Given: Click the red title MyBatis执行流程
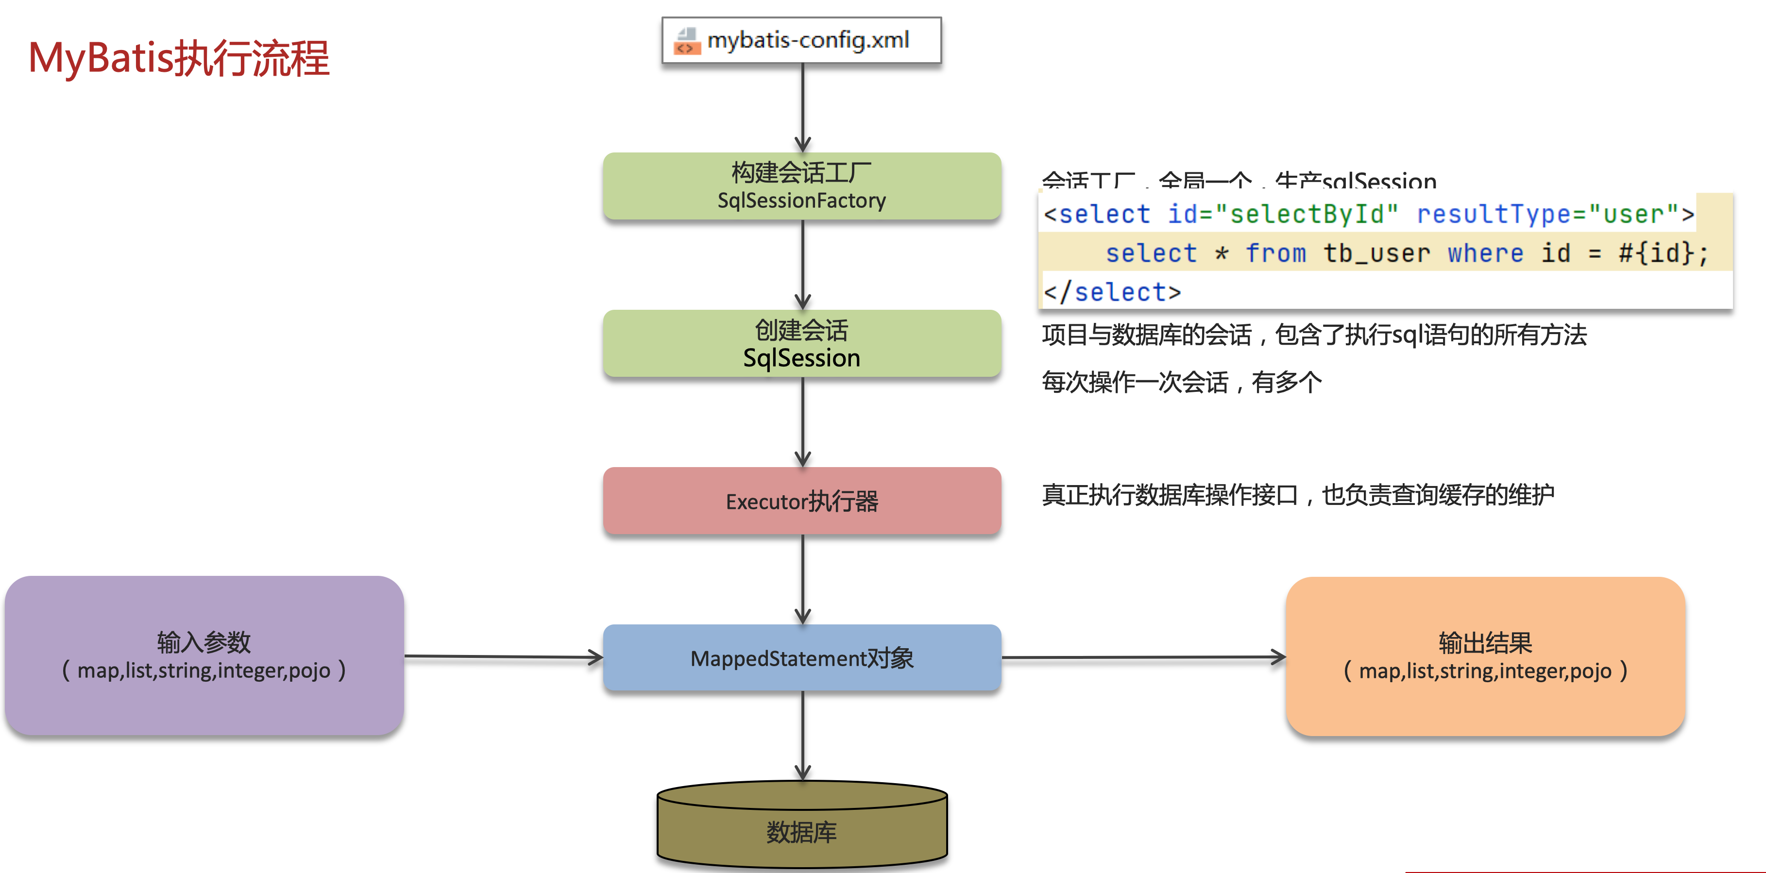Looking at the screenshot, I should pos(179,58).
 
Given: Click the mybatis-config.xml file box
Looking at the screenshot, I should pos(801,40).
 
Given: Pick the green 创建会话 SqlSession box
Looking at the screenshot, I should pos(801,343).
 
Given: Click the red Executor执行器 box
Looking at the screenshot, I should pos(801,501).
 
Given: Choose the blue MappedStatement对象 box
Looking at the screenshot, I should pos(801,658).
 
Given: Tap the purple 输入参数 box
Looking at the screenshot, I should pos(204,656).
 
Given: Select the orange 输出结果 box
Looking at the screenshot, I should pos(1485,656).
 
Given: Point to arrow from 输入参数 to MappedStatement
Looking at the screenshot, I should pos(504,657).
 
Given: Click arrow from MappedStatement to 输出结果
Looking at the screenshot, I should pos(1143,657).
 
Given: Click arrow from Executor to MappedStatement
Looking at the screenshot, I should pos(803,579).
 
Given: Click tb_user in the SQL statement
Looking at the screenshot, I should pos(1376,253).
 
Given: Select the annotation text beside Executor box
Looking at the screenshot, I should pos(1298,495).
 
